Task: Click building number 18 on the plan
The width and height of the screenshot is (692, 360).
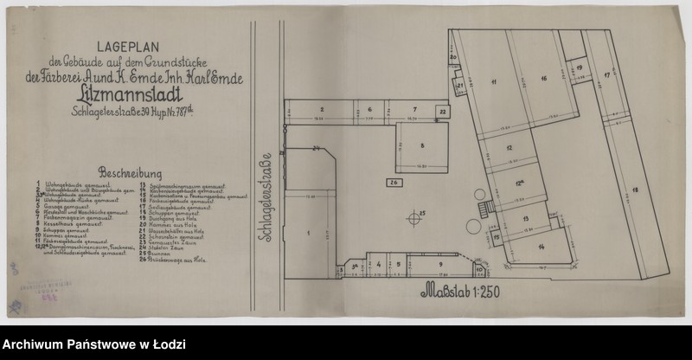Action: click(x=636, y=190)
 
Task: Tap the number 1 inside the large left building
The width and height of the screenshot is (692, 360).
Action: click(x=308, y=234)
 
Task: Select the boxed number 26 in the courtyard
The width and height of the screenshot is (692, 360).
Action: click(x=394, y=183)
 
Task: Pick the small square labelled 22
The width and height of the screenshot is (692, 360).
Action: click(x=442, y=112)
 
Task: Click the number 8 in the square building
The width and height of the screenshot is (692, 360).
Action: click(x=423, y=145)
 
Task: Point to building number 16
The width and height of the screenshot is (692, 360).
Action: click(x=544, y=80)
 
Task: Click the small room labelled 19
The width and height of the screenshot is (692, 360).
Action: click(x=579, y=67)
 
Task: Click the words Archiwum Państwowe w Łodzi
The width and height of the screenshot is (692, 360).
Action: click(x=94, y=344)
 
